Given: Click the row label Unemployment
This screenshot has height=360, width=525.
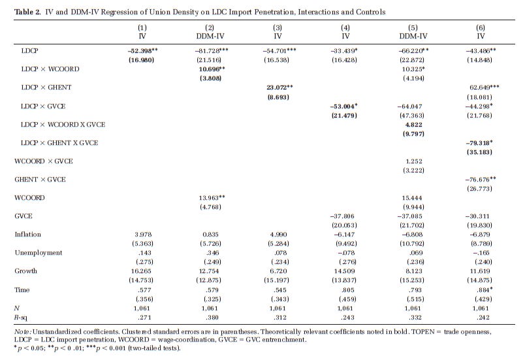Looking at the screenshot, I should click(x=39, y=252).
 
